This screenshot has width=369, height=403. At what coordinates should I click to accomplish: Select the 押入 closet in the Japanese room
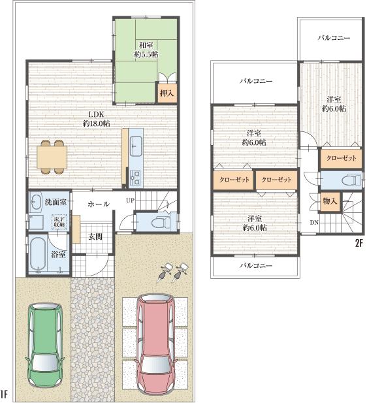[x=167, y=93]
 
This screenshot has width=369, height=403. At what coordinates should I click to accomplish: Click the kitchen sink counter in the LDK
[x=136, y=150]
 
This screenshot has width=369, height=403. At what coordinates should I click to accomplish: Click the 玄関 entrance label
[x=96, y=236]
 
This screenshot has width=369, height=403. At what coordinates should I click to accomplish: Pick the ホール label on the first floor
[x=98, y=204]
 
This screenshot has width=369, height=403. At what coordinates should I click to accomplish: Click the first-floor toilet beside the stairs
[x=157, y=223]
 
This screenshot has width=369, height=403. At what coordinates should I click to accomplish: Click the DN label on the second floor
[x=314, y=222]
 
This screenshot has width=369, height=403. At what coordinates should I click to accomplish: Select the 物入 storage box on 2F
[x=329, y=202]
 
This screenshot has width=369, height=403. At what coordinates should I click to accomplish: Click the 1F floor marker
[x=5, y=395]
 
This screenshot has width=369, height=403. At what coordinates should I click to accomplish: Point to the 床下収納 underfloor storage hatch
[x=58, y=222]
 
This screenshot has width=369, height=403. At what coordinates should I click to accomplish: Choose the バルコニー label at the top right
[x=334, y=39]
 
